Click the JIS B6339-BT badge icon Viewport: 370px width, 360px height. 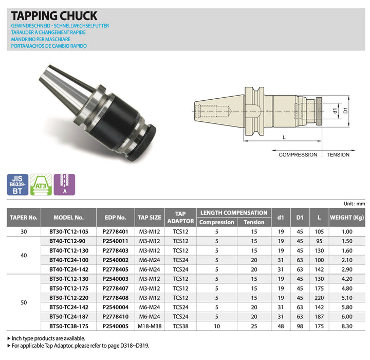pos(18,185)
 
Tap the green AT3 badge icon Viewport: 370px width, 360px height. pos(41,185)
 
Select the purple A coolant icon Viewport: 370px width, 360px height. pos(65,185)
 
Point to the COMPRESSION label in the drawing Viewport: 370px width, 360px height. pos(298,154)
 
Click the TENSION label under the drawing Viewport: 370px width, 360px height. pos(338,154)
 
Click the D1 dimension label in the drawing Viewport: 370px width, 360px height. pos(346,110)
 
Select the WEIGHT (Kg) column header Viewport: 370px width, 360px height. pos(347,217)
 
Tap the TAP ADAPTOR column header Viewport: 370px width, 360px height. pos(180,217)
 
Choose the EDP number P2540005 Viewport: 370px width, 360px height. pos(115,326)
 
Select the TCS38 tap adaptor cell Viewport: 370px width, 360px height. pos(180,326)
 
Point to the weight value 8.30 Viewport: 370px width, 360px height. pos(347,326)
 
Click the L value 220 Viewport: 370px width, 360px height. pos(319,297)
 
